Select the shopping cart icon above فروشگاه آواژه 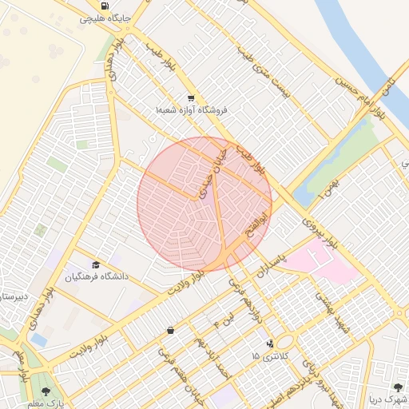(190, 97)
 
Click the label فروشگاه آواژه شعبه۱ (192, 109)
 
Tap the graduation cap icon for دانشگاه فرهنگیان (96, 264)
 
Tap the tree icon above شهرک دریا (399, 387)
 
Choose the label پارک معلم (49, 403)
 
